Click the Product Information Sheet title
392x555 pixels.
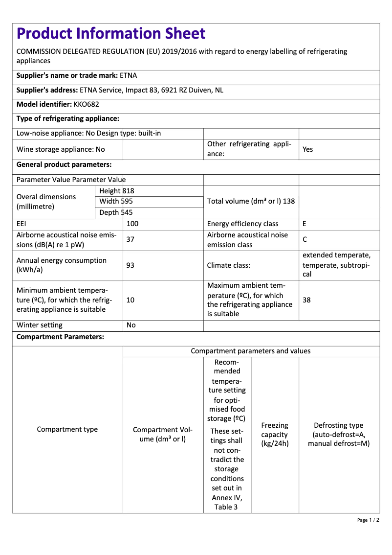tap(111, 33)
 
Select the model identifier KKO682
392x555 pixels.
tap(87, 104)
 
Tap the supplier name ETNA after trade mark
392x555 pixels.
tap(129, 75)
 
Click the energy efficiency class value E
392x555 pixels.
tap(305, 224)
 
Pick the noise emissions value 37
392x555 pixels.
tap(131, 240)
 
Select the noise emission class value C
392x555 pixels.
tap(305, 240)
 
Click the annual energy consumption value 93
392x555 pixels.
tap(131, 265)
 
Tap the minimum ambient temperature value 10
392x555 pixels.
tap(131, 300)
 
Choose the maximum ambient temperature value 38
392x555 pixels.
tap(306, 300)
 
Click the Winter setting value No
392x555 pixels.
tap(131, 325)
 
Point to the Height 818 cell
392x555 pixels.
tap(116, 191)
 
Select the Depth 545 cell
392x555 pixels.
tap(116, 212)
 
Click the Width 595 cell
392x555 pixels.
tap(116, 202)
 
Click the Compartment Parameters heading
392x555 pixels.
tap(60, 337)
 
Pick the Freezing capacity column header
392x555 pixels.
tap(275, 435)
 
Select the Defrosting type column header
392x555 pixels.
tap(339, 435)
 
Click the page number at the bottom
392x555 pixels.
tap(368, 520)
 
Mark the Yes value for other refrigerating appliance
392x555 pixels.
tap(307, 149)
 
